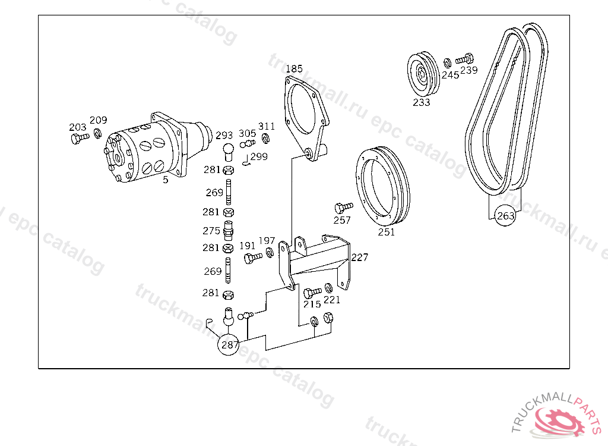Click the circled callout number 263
pyautogui.click(x=506, y=216)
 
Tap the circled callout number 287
pyautogui.click(x=229, y=344)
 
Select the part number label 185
pyautogui.click(x=294, y=69)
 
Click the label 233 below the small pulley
pyautogui.click(x=422, y=102)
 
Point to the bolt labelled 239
pyautogui.click(x=464, y=59)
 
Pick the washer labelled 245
pyautogui.click(x=448, y=62)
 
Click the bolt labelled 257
pyautogui.click(x=344, y=208)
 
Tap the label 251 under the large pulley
pyautogui.click(x=386, y=232)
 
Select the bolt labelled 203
pyautogui.click(x=80, y=138)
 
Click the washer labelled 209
pyautogui.click(x=98, y=133)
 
